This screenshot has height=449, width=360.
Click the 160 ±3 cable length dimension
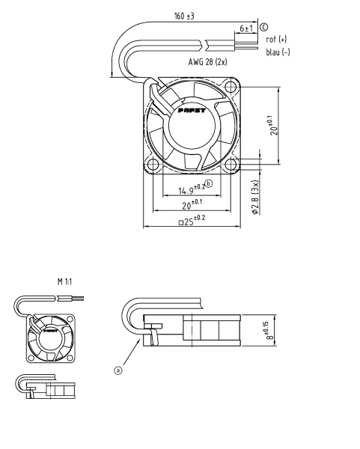point(184,16)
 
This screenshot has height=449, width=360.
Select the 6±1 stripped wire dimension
point(246,28)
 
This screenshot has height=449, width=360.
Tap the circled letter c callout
point(264,27)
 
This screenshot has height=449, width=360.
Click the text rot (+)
point(276,39)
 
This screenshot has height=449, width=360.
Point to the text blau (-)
point(278,52)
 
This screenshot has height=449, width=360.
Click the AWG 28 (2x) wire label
point(207,62)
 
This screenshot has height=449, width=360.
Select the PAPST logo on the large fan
point(192,111)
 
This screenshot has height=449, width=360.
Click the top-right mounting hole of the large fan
point(230,86)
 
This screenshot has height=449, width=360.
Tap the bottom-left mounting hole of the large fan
point(153,165)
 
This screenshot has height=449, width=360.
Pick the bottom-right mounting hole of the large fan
point(231,165)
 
